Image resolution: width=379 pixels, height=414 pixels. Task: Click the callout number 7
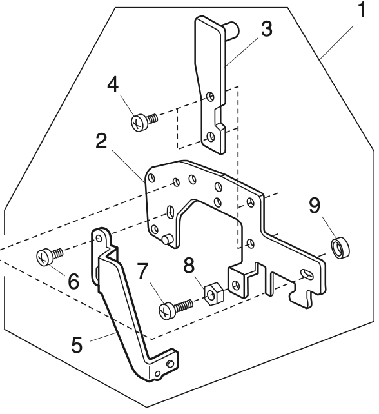coord(142,271)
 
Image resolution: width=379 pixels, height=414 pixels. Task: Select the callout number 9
coord(314,206)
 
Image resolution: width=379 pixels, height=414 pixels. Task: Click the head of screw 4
coord(139,121)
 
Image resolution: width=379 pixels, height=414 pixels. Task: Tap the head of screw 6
coord(44,257)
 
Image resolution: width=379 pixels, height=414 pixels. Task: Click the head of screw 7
coord(166,311)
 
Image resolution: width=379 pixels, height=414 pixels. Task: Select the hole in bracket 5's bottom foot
coord(169,364)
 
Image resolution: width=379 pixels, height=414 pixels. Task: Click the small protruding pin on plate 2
coord(166,239)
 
